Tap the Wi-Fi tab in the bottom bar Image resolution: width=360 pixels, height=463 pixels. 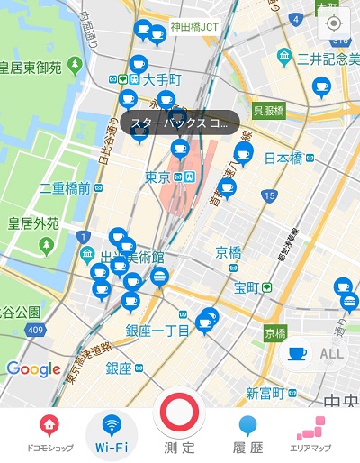tap(112, 432)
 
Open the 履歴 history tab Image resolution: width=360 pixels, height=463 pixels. tap(248, 432)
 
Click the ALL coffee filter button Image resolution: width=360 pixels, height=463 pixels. tap(316, 354)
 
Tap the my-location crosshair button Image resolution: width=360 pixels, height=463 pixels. tap(334, 23)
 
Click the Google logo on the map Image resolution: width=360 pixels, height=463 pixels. tap(33, 368)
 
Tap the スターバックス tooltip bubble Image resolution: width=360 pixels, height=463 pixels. tap(178, 123)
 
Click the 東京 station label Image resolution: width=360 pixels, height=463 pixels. tap(157, 177)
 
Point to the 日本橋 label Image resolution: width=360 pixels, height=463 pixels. tap(283, 159)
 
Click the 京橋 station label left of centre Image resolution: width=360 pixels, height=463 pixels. tap(228, 251)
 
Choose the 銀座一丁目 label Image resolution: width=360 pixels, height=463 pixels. tap(157, 331)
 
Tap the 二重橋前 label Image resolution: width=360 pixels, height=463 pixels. tap(65, 188)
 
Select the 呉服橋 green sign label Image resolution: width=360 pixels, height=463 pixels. tap(268, 110)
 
